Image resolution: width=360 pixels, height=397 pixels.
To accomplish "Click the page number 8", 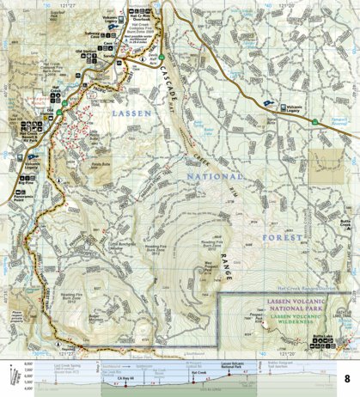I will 347,379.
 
